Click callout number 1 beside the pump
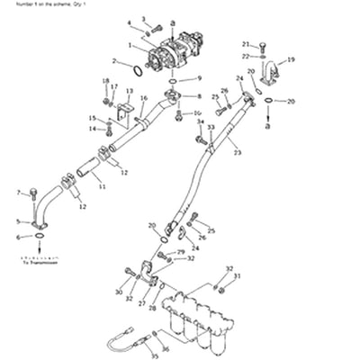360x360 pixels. [131, 44]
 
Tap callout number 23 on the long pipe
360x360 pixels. [237, 153]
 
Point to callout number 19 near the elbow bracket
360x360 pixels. [291, 60]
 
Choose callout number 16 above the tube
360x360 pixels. [143, 97]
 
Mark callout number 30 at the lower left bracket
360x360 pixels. [118, 292]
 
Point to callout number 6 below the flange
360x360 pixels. [17, 237]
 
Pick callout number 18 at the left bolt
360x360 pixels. [105, 82]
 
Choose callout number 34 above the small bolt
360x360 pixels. [200, 121]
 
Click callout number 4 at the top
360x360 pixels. [129, 22]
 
